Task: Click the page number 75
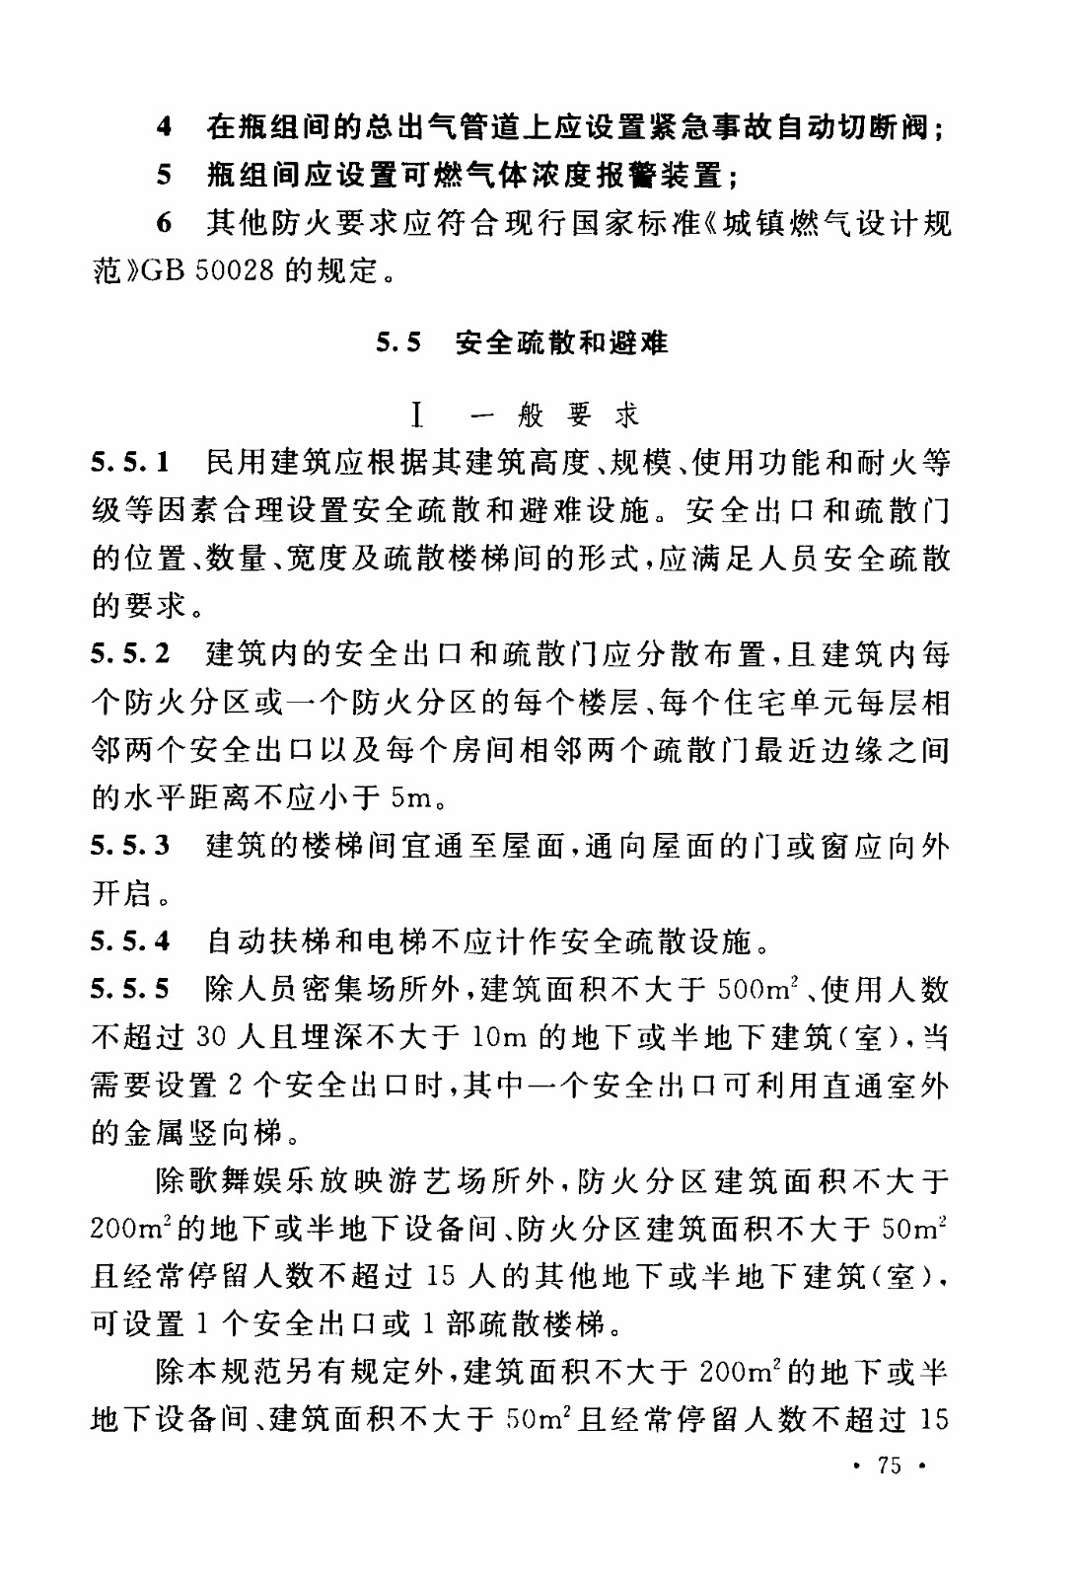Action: pyautogui.click(x=889, y=1466)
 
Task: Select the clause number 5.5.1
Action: pyautogui.click(x=131, y=462)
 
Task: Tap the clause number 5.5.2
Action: pyautogui.click(x=131, y=653)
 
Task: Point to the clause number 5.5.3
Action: pyautogui.click(x=131, y=846)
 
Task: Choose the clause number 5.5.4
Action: pyautogui.click(x=131, y=941)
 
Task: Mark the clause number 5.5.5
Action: pyautogui.click(x=131, y=989)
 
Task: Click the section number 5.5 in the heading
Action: pyautogui.click(x=398, y=343)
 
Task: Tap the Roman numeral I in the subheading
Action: pyautogui.click(x=418, y=415)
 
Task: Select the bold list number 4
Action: pyautogui.click(x=165, y=127)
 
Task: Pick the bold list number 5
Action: pyautogui.click(x=165, y=176)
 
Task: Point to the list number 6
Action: pyautogui.click(x=165, y=223)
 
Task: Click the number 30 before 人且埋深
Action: pyautogui.click(x=211, y=1037)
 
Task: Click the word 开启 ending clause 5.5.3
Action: pyautogui.click(x=123, y=893)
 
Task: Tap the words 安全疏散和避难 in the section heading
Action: pyautogui.click(x=561, y=343)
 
